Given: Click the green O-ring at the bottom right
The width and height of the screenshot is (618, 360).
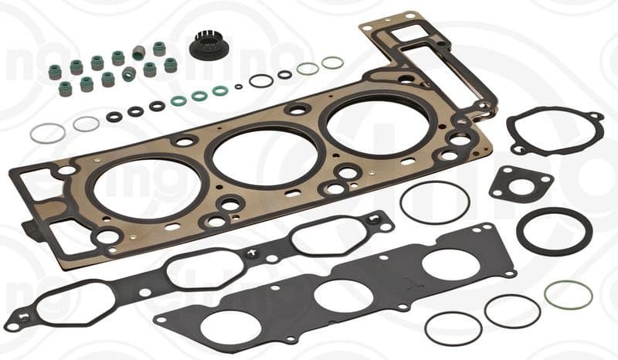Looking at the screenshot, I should [568, 294].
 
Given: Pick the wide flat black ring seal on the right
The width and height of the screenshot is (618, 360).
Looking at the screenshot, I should [554, 230].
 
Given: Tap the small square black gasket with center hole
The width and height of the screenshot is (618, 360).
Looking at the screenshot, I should [521, 184].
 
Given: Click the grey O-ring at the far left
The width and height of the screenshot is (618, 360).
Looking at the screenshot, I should [48, 133].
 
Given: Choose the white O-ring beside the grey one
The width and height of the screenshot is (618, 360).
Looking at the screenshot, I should [86, 124].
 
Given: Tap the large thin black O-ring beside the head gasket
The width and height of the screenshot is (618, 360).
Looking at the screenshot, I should [435, 202].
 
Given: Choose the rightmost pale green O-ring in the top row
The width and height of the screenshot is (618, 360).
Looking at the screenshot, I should [332, 63].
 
